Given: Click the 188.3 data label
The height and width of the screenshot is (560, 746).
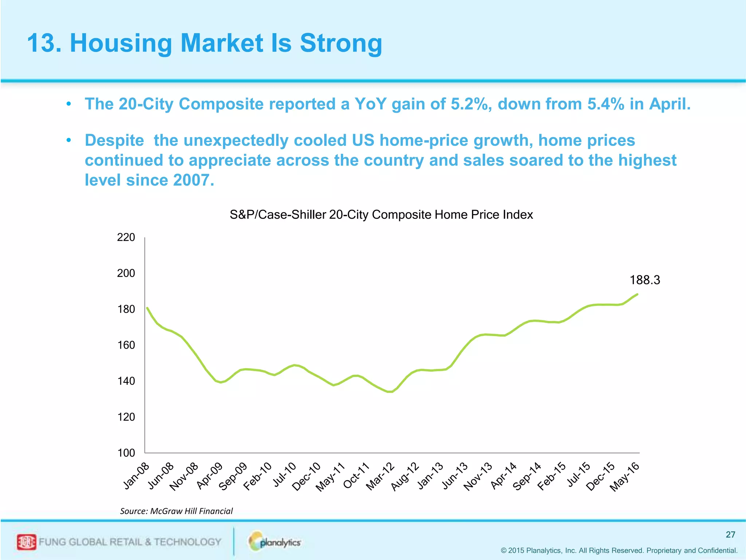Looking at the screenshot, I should [x=644, y=280].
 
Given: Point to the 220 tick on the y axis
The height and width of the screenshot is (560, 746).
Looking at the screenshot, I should [x=126, y=237].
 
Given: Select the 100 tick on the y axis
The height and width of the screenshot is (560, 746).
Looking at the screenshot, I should [x=126, y=453].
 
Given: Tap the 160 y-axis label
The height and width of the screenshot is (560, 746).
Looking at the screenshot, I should [x=126, y=345].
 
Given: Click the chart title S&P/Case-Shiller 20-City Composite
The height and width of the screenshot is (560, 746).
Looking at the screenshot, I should [x=381, y=215].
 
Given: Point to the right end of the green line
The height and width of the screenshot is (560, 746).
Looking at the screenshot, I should [x=637, y=294].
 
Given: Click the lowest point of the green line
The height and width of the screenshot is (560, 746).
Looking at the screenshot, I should [x=390, y=392].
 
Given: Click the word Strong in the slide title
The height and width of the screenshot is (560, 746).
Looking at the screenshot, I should [x=341, y=43].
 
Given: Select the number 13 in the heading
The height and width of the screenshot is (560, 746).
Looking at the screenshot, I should [x=41, y=43].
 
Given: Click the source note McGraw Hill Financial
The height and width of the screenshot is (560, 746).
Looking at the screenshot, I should [x=191, y=511].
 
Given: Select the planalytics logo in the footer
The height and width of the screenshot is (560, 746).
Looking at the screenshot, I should [x=275, y=542].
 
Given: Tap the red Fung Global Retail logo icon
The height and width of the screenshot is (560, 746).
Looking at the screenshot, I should [x=27, y=542].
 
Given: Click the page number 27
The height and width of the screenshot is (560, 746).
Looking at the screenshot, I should [x=730, y=534].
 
